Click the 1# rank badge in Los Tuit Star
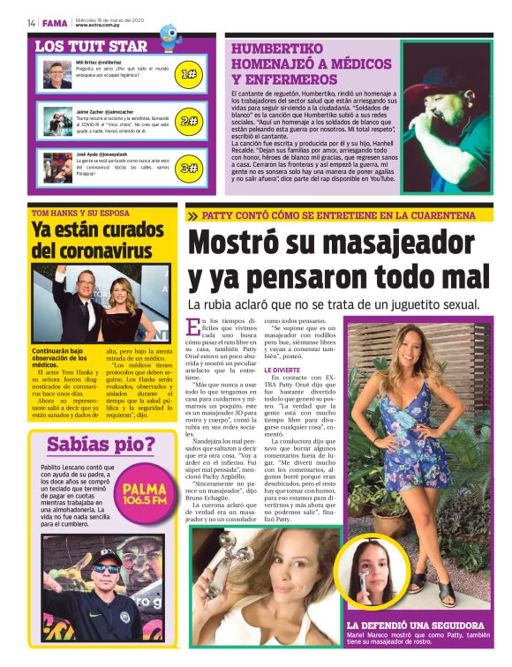pyautogui.click(x=187, y=74)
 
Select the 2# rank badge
pyautogui.click(x=187, y=121)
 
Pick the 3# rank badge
pyautogui.click(x=187, y=168)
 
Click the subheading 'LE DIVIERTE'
pyautogui.click(x=282, y=371)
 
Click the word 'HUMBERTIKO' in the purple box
pyautogui.click(x=282, y=49)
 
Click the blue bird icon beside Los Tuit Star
pyautogui.click(x=169, y=37)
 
